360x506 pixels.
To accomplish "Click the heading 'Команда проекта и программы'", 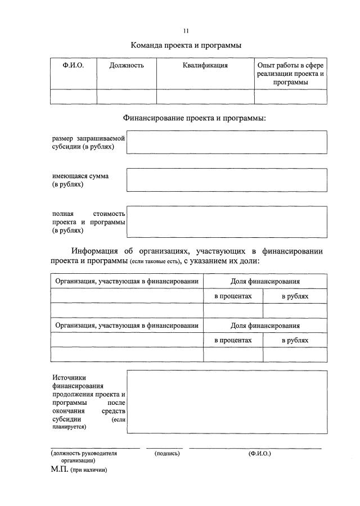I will pos(186,46).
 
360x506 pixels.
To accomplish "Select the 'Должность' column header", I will pos(127,65).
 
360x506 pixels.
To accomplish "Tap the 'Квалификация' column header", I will pos(205,65).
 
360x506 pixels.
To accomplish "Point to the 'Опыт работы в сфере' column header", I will pos(290,65).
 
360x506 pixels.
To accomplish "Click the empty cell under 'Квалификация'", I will pos(205,97).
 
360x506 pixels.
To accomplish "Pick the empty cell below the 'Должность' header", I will pos(127,97).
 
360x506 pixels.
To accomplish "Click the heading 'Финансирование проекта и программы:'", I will pos(194,118).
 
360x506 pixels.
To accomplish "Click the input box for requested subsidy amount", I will pos(226,142).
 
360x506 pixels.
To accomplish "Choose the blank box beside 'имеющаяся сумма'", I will pos(226,180).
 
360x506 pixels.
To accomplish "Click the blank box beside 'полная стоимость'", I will pos(226,222).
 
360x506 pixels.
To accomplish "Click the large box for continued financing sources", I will pos(226,402).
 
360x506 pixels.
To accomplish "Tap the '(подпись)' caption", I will pos(167,453).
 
